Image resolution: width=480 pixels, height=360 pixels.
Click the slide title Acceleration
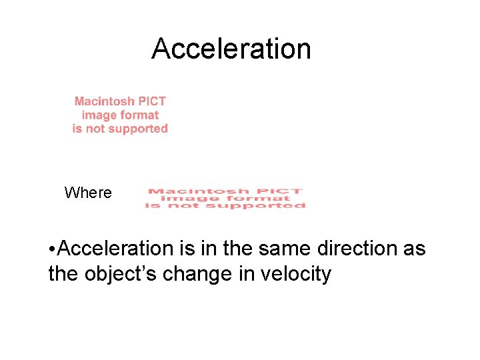pos(231,49)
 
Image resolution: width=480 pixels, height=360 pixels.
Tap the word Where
pos(88,193)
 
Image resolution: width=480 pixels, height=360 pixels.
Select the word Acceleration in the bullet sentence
pos(116,249)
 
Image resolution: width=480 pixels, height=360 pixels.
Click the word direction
pos(347,249)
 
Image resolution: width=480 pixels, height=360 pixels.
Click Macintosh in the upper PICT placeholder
pos(104,101)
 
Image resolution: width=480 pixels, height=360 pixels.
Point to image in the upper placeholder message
pos(97,115)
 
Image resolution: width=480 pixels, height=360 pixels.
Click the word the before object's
pos(64,273)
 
